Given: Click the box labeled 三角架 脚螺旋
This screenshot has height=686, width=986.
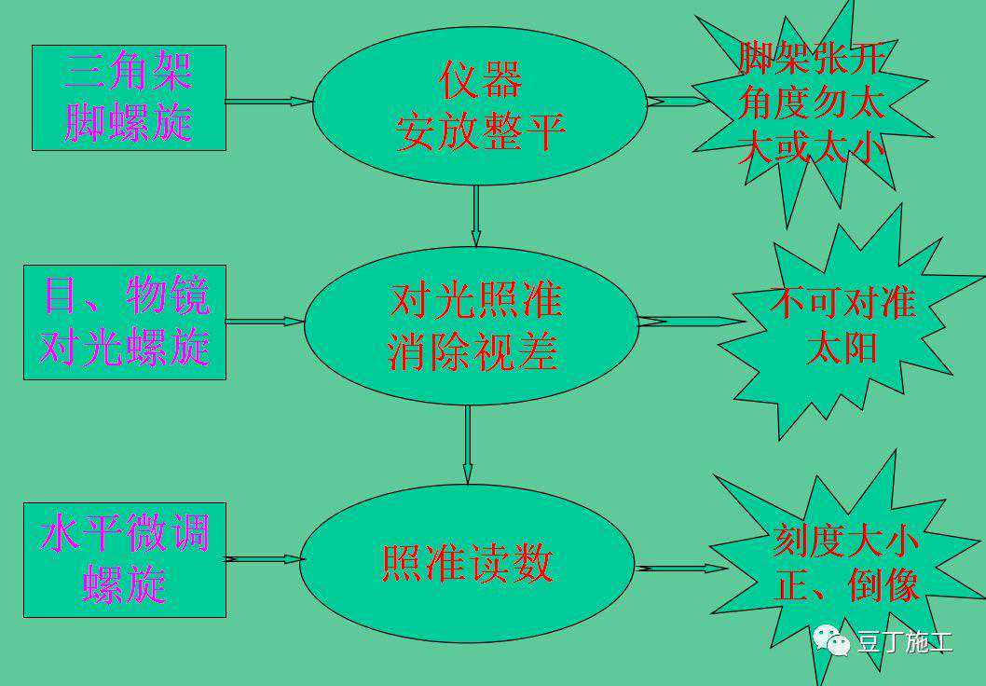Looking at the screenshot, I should (x=129, y=98).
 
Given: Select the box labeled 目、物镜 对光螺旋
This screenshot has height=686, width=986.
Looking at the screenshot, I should (x=125, y=322).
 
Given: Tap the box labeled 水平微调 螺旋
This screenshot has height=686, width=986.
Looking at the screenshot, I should (x=125, y=559).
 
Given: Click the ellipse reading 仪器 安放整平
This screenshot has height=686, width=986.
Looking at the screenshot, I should (x=480, y=104).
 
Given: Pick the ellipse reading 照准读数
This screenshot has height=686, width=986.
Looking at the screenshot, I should (x=467, y=563).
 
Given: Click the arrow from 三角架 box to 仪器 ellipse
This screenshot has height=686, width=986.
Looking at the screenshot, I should (x=268, y=101).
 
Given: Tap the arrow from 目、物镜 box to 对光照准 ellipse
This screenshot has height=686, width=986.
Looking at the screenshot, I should (x=265, y=322).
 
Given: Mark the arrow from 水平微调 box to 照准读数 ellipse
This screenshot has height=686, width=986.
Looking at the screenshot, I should (x=265, y=559).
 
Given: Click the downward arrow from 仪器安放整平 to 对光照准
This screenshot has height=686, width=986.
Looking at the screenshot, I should (x=476, y=215).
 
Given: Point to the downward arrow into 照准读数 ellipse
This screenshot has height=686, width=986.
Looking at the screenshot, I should (x=467, y=445).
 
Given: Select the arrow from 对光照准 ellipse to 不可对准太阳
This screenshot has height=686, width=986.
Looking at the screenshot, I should (x=691, y=322).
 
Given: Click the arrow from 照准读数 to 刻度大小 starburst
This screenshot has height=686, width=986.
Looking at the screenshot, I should (x=680, y=568).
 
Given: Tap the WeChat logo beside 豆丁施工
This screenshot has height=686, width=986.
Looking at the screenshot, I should (x=830, y=640).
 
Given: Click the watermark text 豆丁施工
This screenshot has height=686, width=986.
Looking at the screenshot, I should (x=904, y=642).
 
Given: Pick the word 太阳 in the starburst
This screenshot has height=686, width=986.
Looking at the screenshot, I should (x=842, y=349).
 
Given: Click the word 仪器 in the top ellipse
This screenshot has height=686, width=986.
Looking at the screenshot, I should (x=480, y=80).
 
